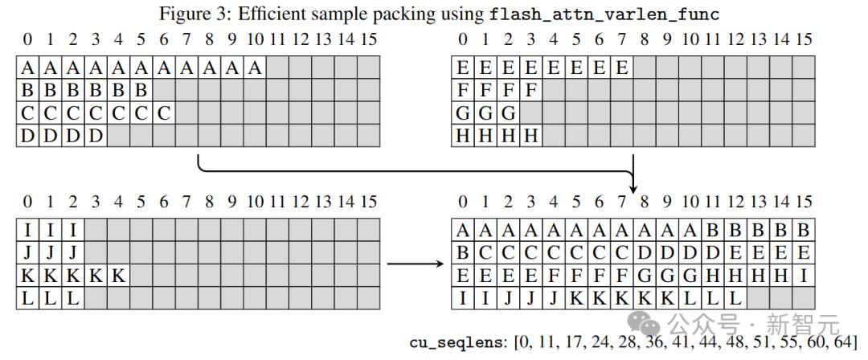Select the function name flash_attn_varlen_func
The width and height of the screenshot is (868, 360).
tap(605, 14)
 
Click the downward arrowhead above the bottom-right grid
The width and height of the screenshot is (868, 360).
tap(634, 186)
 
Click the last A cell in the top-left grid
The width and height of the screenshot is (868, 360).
tap(256, 69)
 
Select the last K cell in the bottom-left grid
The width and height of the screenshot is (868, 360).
tap(119, 276)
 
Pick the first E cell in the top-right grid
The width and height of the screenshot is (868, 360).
tap(464, 69)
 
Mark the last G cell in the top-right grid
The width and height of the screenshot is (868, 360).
tap(509, 114)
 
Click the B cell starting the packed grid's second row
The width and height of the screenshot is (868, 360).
tap(464, 253)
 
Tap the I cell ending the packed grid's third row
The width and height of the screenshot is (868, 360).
tap(803, 276)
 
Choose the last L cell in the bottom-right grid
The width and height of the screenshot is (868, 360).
tap(735, 298)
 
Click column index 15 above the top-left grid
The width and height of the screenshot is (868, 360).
tap(368, 39)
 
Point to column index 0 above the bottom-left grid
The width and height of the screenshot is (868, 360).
tap(28, 202)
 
